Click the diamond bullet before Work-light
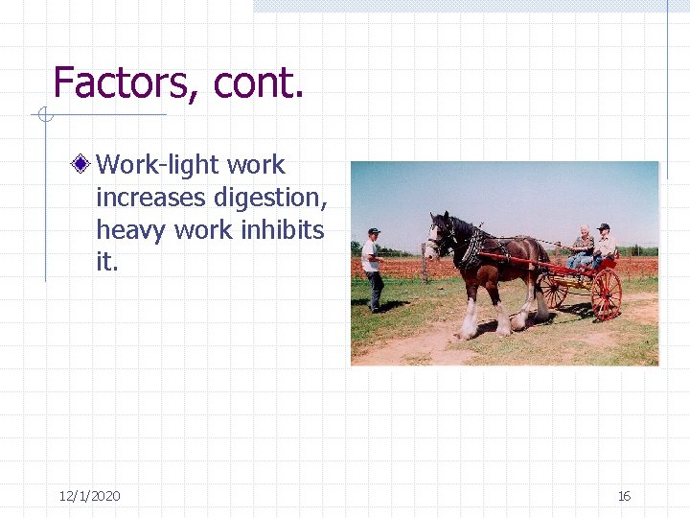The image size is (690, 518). click(83, 164)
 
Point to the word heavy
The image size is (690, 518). click(130, 230)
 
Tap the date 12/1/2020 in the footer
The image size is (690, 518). click(89, 496)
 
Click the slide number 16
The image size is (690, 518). click(624, 496)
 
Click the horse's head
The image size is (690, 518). click(440, 234)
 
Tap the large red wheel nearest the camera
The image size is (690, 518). click(606, 294)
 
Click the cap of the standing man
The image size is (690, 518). click(374, 231)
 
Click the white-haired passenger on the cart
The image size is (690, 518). click(582, 246)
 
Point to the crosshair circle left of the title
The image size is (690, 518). click(43, 115)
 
